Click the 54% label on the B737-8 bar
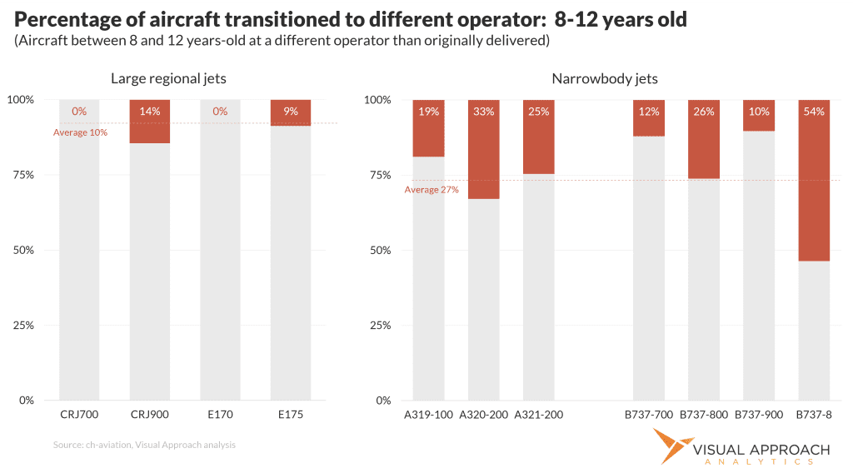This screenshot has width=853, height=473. (813, 112)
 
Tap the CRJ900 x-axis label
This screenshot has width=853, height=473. (149, 414)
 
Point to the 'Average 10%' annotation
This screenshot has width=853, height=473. (81, 132)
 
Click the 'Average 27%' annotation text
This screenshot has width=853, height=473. (431, 190)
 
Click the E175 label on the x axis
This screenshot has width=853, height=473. (290, 414)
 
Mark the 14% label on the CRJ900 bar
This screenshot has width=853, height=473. (150, 112)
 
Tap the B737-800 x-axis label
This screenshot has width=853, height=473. (704, 414)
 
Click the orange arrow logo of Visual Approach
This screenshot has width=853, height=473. (669, 446)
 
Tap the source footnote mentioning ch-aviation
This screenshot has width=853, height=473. (144, 445)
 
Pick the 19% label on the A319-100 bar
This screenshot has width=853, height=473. (428, 112)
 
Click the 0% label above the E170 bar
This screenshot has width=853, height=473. (220, 112)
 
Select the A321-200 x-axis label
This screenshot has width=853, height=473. (538, 414)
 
